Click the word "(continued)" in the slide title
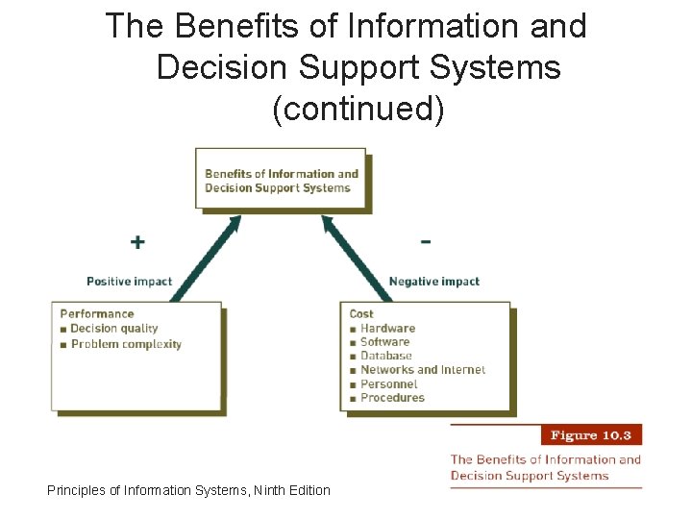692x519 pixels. (x=358, y=110)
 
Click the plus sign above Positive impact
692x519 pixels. (x=138, y=242)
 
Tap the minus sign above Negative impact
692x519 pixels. (x=426, y=240)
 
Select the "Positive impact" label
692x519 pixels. (x=129, y=282)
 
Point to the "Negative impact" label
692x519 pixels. (x=433, y=282)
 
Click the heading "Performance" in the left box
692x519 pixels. (x=97, y=313)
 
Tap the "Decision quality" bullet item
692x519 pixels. (x=113, y=329)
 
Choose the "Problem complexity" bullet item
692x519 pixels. (x=126, y=344)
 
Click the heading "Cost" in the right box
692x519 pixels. (x=361, y=313)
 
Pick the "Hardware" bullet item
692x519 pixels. (x=387, y=328)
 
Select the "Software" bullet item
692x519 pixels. (x=384, y=341)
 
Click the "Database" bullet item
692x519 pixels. (x=385, y=356)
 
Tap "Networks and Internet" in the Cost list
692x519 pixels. (x=422, y=369)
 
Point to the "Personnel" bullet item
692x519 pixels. (x=388, y=383)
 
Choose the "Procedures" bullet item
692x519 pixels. (x=392, y=397)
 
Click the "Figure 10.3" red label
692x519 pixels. (x=590, y=434)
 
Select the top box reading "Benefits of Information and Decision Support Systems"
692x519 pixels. (x=281, y=181)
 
